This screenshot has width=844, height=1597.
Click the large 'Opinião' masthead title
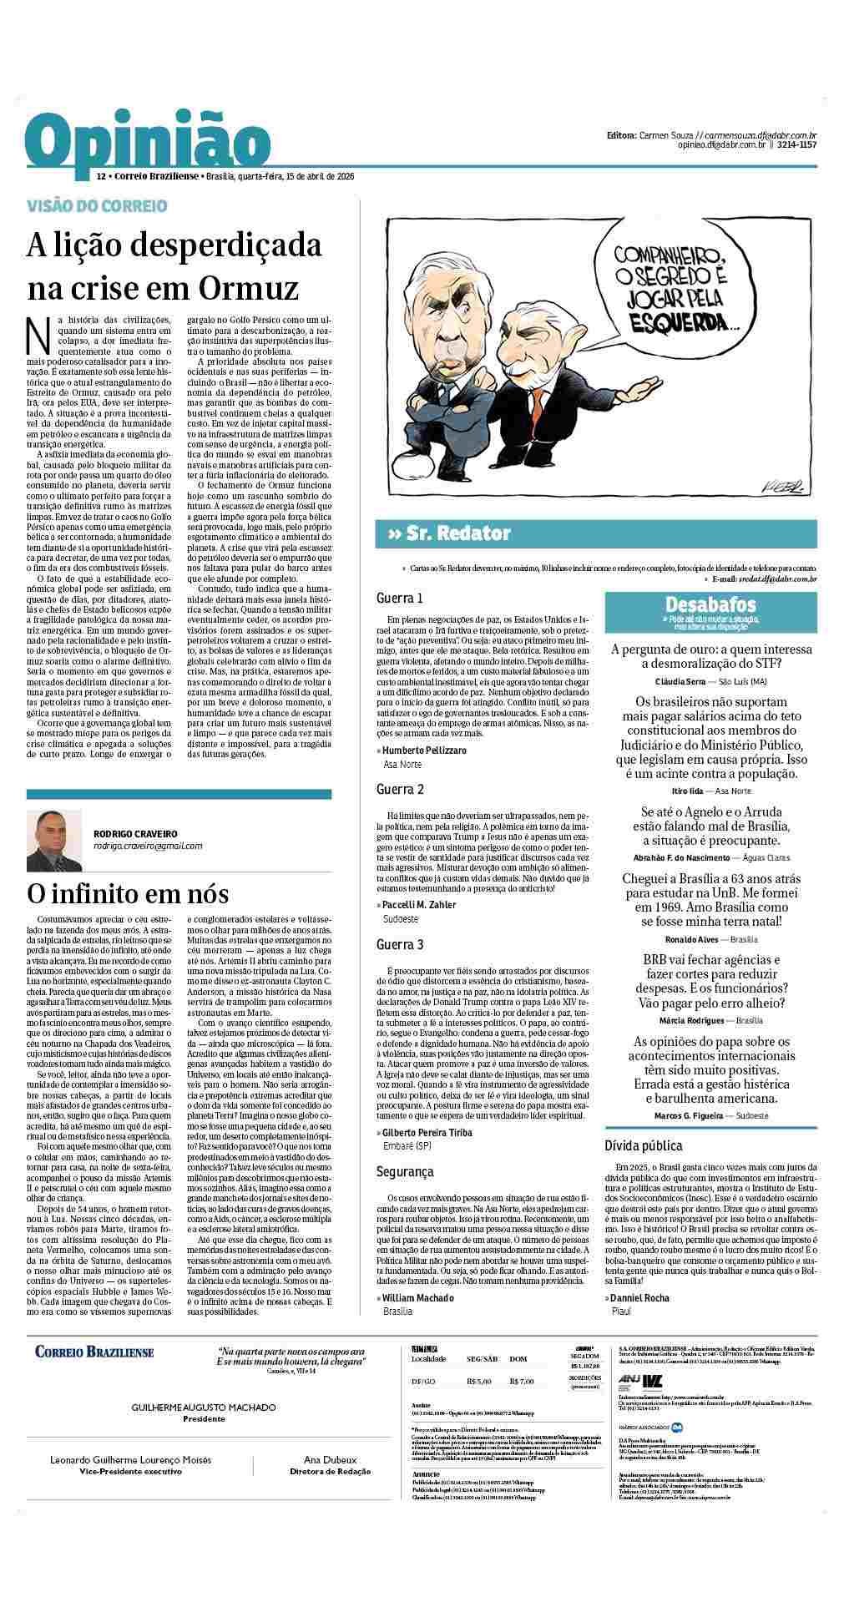(x=147, y=144)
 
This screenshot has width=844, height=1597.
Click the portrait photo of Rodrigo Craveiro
(x=54, y=840)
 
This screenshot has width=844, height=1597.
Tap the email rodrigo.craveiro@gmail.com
(x=148, y=846)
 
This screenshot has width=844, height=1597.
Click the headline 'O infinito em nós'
(x=127, y=893)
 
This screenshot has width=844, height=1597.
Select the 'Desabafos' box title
(x=710, y=604)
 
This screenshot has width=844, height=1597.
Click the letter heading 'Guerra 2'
(x=400, y=789)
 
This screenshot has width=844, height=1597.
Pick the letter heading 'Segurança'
(x=405, y=1171)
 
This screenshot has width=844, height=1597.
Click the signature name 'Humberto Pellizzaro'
(x=424, y=750)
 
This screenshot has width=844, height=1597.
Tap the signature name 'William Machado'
(x=417, y=1298)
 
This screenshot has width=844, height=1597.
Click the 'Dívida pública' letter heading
(x=643, y=1146)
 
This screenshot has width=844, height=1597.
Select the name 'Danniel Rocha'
(x=639, y=1298)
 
